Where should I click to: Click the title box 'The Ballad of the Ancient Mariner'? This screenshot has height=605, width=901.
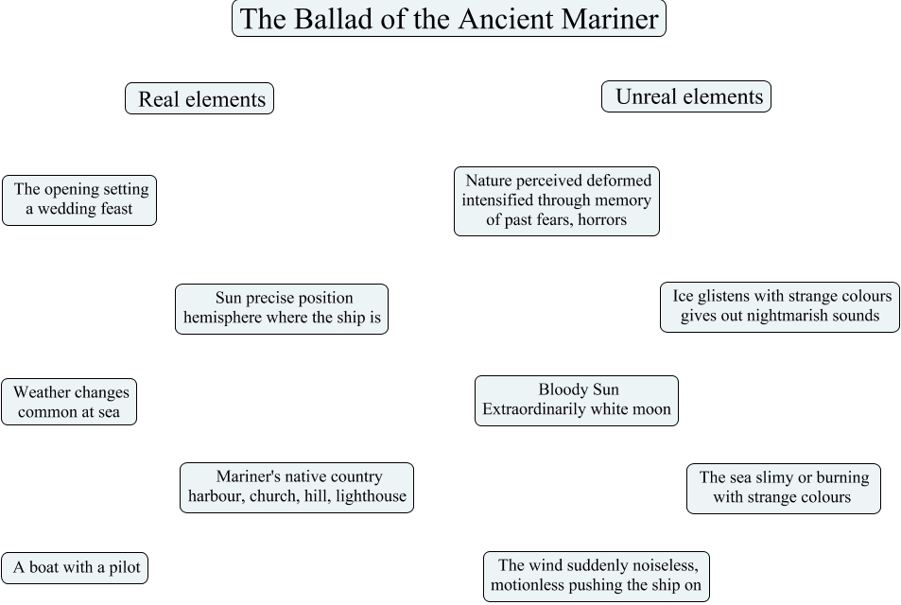pyautogui.click(x=449, y=19)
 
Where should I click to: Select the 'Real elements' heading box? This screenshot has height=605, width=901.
pyautogui.click(x=199, y=98)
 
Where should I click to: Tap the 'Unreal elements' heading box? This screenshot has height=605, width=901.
pyautogui.click(x=686, y=96)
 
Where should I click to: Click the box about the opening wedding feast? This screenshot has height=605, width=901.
pyautogui.click(x=79, y=199)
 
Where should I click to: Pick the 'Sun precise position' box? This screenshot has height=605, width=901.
pyautogui.click(x=282, y=308)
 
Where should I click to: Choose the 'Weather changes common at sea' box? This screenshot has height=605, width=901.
pyautogui.click(x=69, y=402)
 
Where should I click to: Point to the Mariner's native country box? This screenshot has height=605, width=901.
pyautogui.click(x=297, y=487)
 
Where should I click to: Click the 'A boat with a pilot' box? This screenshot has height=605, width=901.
pyautogui.click(x=76, y=567)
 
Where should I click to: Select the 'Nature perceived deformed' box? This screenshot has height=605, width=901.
pyautogui.click(x=557, y=200)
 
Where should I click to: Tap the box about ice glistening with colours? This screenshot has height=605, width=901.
pyautogui.click(x=780, y=306)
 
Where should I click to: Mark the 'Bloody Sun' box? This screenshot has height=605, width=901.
pyautogui.click(x=577, y=400)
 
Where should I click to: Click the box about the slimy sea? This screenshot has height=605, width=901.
pyautogui.click(x=783, y=488)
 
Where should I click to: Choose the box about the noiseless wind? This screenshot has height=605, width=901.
pyautogui.click(x=597, y=576)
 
